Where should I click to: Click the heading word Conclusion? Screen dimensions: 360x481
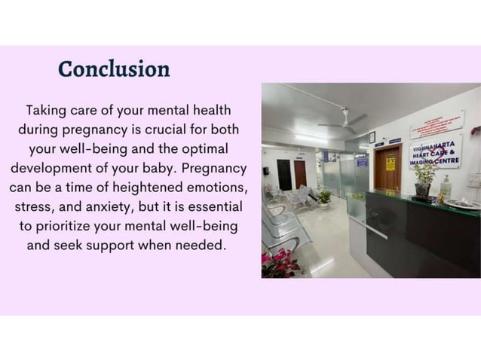tap(114, 69)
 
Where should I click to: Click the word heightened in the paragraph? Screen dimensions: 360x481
tap(141, 187)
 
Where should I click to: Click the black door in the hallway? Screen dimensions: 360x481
tap(283, 174)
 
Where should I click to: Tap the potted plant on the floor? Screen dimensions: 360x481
tap(324, 197)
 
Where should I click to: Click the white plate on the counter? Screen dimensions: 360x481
tap(461, 203)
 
